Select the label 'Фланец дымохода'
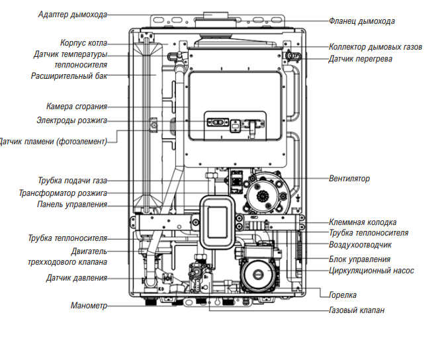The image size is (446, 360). coord(361,21)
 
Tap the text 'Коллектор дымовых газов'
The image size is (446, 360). coord(375,47)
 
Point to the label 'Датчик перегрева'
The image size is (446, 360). coord(360,59)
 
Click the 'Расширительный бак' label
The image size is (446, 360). coord(69,75)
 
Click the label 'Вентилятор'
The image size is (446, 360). coord(349,179)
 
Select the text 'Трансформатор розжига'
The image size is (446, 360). coord(63,193)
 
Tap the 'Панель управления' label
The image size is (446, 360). coord(71,204)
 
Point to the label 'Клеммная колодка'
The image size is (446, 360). coord(363,222)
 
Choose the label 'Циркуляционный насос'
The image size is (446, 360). coord(371,271)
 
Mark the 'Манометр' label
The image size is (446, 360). coord(89,306)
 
